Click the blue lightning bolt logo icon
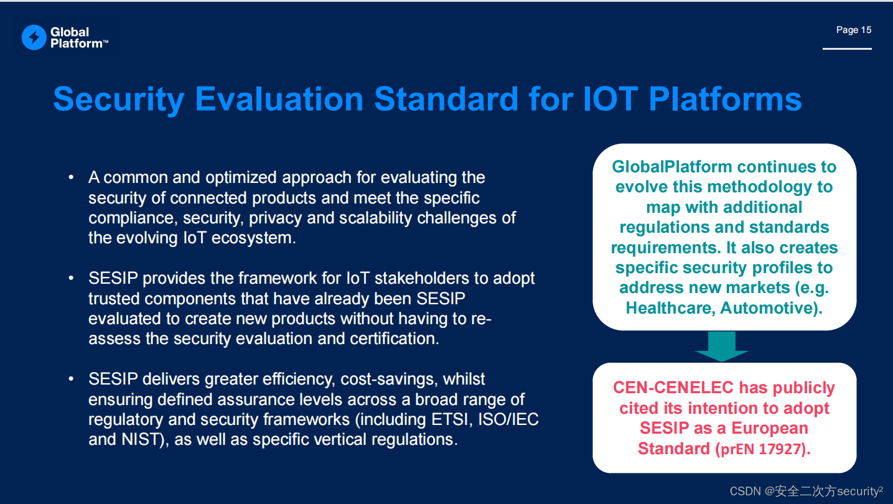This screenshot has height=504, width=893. pyautogui.click(x=34, y=37)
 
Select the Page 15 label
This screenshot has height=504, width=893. pyautogui.click(x=853, y=30)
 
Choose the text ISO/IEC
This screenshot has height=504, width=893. pyautogui.click(x=508, y=419)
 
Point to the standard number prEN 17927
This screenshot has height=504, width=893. pyautogui.click(x=763, y=449)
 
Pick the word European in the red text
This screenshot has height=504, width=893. pyautogui.click(x=770, y=428)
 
